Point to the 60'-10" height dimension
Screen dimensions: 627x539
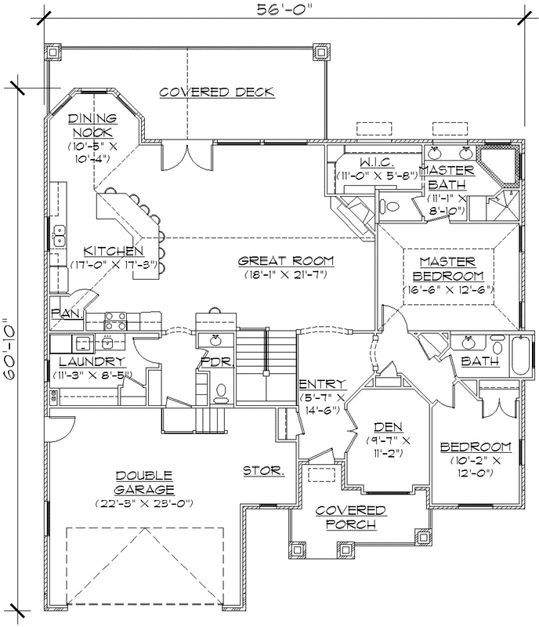tap(9, 348)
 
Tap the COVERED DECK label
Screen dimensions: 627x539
tap(217, 92)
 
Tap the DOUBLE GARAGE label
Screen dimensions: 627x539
tap(143, 482)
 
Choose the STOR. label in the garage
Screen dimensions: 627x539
tap(262, 471)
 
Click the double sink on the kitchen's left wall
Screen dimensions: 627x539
tap(59, 235)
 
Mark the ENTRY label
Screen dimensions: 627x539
tap(321, 383)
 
